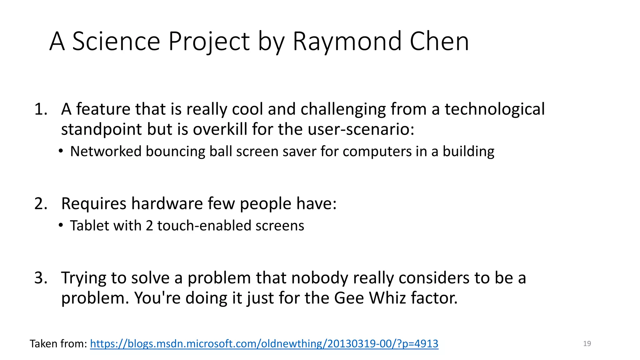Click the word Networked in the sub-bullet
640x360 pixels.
pos(106,152)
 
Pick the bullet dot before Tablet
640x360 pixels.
pos(61,225)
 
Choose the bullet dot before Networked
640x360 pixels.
pos(61,151)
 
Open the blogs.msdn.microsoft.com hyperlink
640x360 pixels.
pos(264,344)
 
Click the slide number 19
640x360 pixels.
pos(587,344)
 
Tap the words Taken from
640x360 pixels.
pos(58,344)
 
